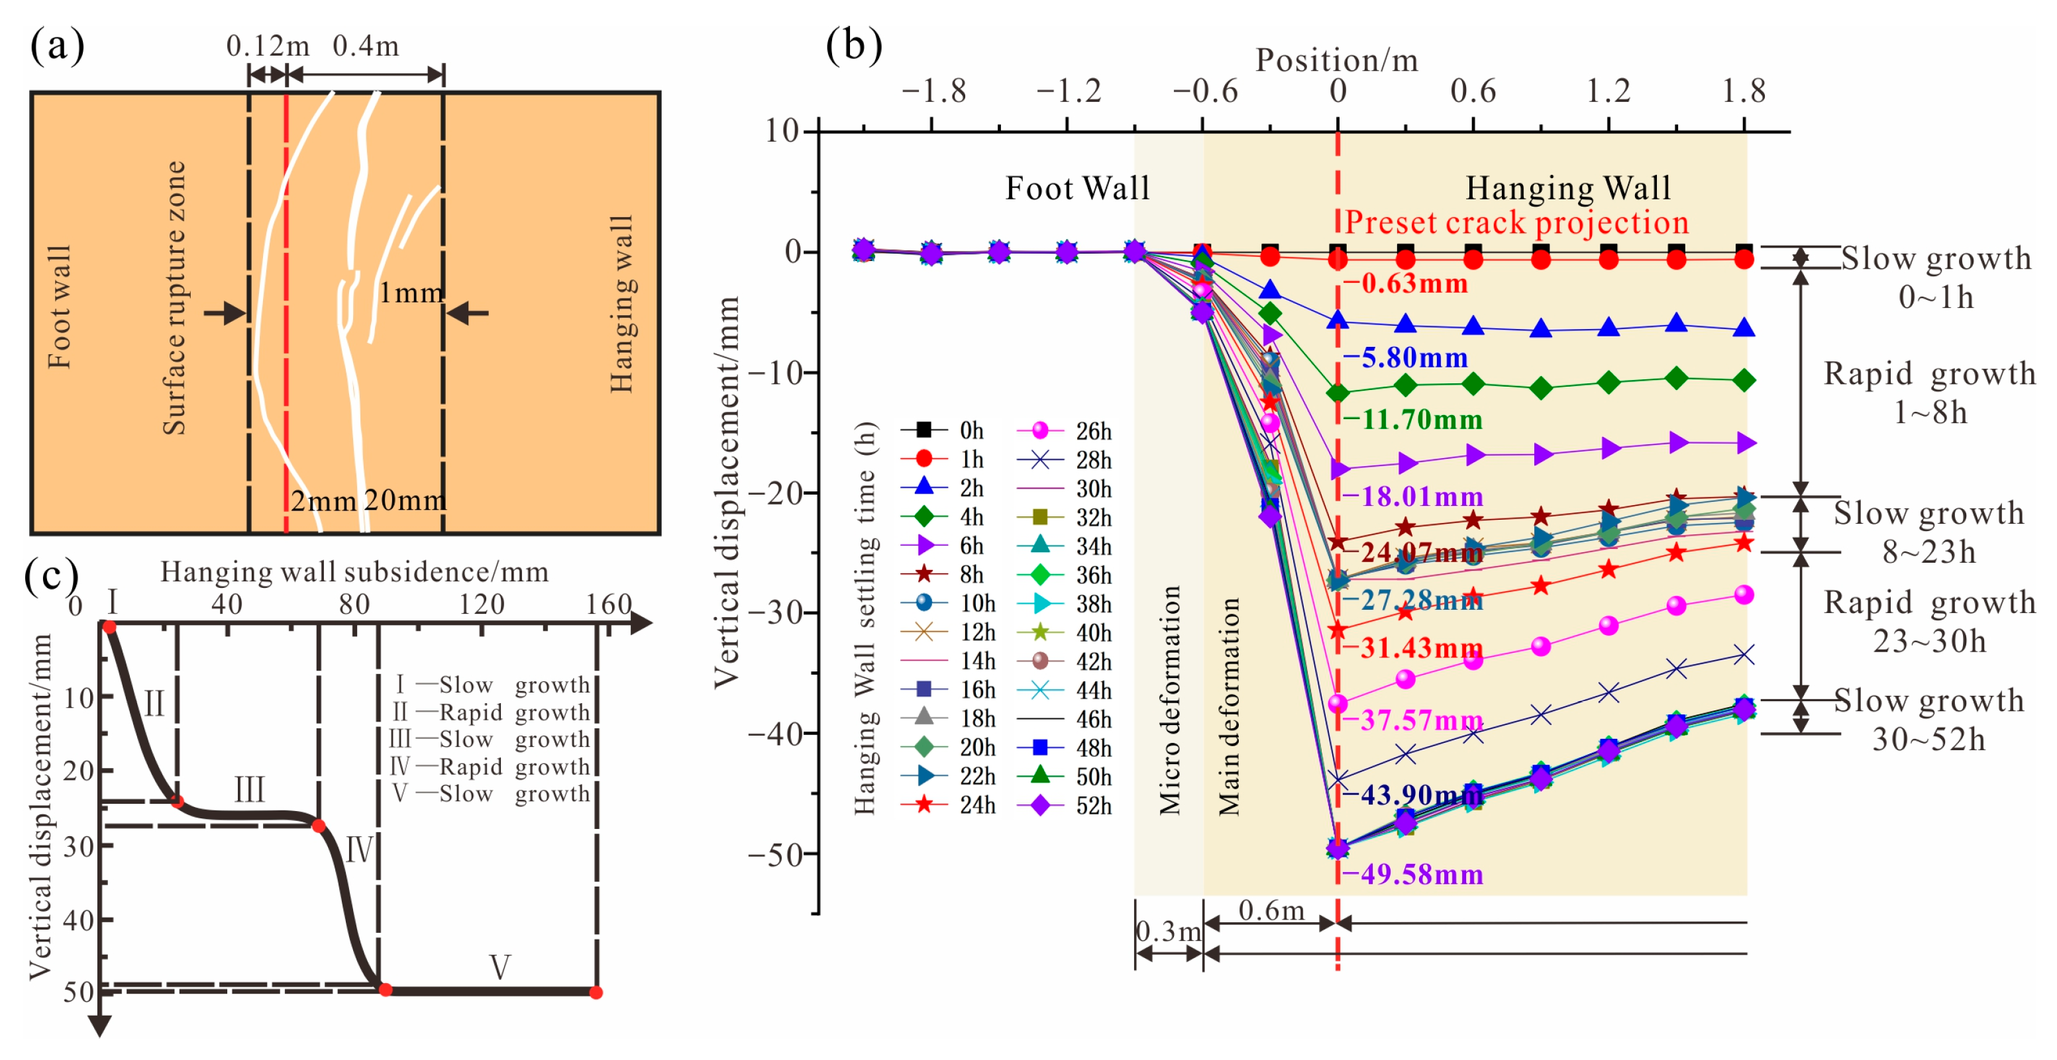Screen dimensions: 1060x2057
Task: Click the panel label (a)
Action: pyautogui.click(x=57, y=46)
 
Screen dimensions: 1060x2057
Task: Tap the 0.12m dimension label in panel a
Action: pyautogui.click(x=267, y=46)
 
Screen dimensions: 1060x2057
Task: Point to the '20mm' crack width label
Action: pyautogui.click(x=404, y=501)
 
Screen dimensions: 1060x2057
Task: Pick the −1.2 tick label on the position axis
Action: pyautogui.click(x=1068, y=92)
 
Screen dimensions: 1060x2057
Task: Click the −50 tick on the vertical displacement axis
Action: pyautogui.click(x=774, y=854)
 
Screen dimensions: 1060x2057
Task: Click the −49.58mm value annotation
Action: pyautogui.click(x=1412, y=875)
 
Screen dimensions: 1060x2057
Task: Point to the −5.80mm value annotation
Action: pyautogui.click(x=1405, y=358)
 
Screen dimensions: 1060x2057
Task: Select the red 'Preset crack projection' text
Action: pyautogui.click(x=1516, y=222)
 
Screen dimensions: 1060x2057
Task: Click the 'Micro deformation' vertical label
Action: pyautogui.click(x=1169, y=700)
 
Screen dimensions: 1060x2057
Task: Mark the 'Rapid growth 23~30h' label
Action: pyautogui.click(x=1929, y=622)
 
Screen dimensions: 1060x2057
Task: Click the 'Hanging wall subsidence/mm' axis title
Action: pyautogui.click(x=354, y=572)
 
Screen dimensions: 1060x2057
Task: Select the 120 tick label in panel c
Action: pyautogui.click(x=482, y=604)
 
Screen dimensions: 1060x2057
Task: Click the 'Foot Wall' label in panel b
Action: pyautogui.click(x=1077, y=189)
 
